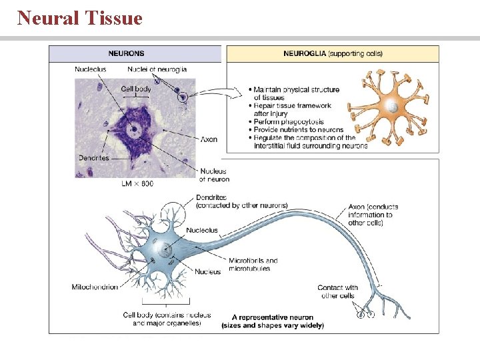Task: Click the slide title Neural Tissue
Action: [x=80, y=18]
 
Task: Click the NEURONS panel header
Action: [x=127, y=53]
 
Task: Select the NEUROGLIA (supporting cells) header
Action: [x=333, y=53]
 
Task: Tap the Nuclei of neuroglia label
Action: [x=157, y=69]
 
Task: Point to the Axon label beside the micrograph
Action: [x=209, y=139]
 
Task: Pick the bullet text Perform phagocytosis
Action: [x=291, y=121]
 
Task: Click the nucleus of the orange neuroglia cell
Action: [x=395, y=107]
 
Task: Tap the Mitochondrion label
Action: [x=95, y=287]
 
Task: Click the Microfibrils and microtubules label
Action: [x=253, y=264]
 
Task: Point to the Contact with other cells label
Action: [x=337, y=291]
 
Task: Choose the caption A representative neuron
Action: [x=273, y=317]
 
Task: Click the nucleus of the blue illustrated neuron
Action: [x=163, y=251]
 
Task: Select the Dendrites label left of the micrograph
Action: [x=93, y=158]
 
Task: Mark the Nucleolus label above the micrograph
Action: [x=90, y=69]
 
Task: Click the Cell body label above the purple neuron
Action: [x=136, y=89]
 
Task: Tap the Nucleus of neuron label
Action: [x=214, y=175]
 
